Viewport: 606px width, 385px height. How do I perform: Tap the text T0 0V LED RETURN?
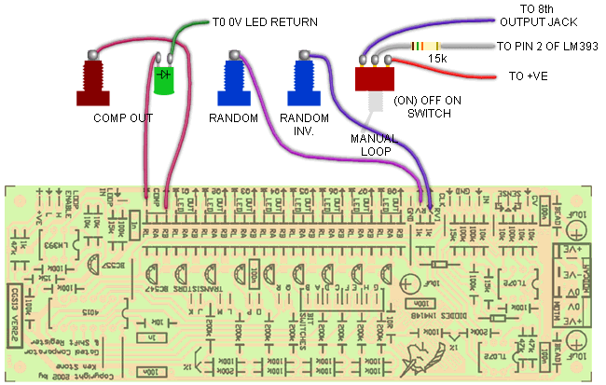pos(266,21)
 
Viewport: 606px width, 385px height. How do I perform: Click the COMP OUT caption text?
pos(121,119)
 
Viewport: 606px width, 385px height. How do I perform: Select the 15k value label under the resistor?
pos(437,60)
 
